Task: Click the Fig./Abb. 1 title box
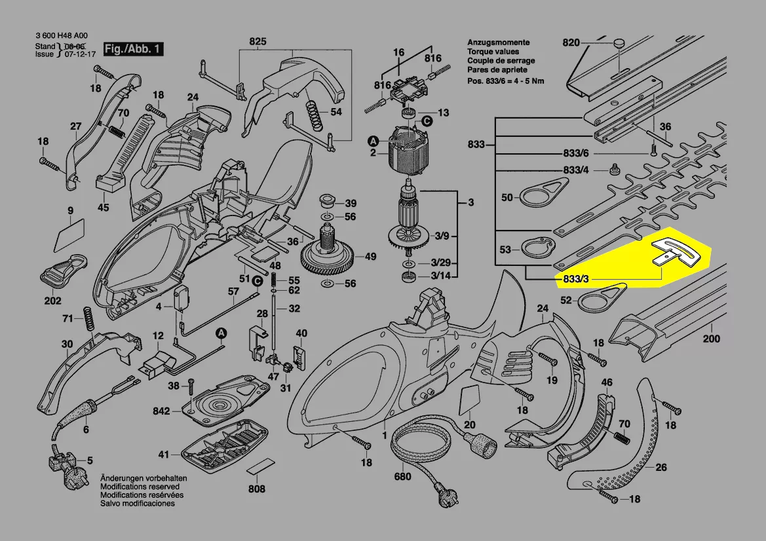tap(133, 49)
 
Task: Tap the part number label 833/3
tap(576, 279)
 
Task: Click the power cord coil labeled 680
tap(420, 442)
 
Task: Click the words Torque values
tap(493, 51)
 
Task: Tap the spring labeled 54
tap(315, 116)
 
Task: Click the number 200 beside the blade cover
tap(712, 339)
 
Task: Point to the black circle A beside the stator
tap(373, 141)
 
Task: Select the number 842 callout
tap(161, 411)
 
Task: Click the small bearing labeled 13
tap(409, 113)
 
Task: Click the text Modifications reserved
tap(140, 487)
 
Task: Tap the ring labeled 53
tap(537, 248)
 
